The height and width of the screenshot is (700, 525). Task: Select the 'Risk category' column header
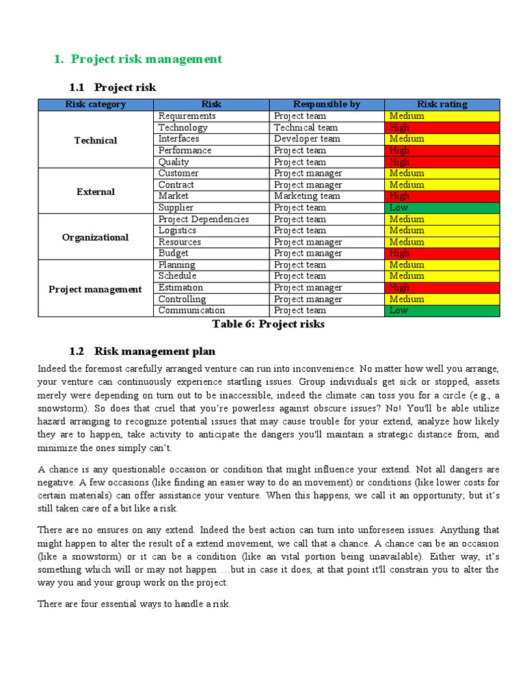click(96, 105)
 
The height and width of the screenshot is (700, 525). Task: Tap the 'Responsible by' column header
click(326, 105)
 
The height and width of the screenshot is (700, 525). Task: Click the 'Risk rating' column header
click(442, 105)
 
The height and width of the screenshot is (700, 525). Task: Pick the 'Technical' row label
click(96, 140)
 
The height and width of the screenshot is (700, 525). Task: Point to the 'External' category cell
click(96, 191)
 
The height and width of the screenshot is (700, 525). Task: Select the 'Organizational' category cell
click(96, 237)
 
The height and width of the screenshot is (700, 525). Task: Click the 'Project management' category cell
click(96, 289)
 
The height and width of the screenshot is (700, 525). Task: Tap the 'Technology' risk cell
click(183, 128)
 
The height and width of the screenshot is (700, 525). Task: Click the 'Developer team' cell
click(307, 139)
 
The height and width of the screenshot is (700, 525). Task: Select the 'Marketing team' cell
click(307, 196)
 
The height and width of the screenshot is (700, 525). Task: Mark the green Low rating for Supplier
click(442, 208)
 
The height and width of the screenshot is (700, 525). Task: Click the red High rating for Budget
click(442, 254)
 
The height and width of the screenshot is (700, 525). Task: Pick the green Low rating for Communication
click(442, 311)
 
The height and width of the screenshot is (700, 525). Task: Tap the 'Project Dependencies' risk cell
click(204, 219)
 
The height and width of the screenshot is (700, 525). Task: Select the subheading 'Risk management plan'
click(154, 351)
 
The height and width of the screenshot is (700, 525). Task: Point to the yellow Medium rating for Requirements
click(442, 116)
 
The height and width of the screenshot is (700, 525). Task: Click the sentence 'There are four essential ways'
click(135, 604)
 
